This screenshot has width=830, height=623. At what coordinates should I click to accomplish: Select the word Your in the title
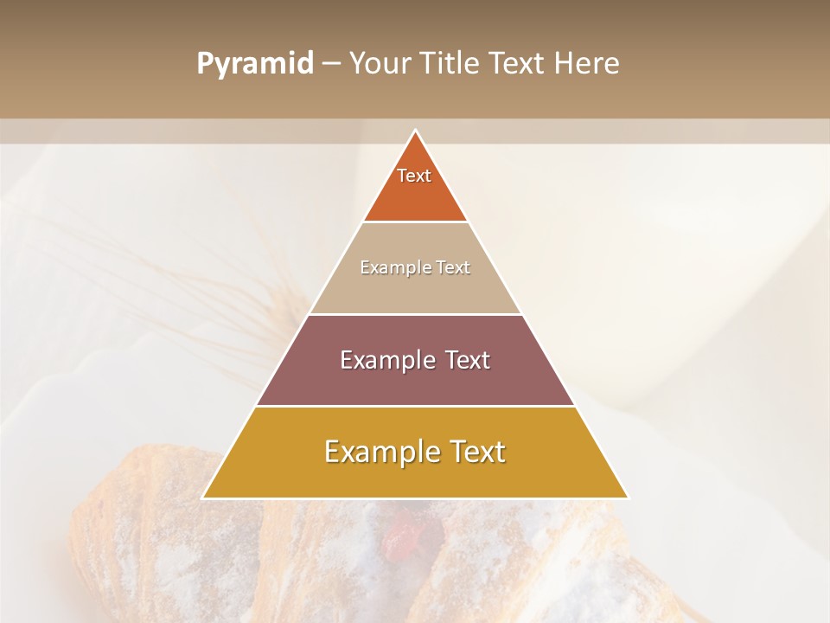[380, 64]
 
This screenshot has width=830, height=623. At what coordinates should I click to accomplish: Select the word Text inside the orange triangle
[414, 176]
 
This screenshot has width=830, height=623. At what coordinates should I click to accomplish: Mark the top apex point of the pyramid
[415, 131]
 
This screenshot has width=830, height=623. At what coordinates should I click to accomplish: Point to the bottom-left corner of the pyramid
[203, 498]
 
